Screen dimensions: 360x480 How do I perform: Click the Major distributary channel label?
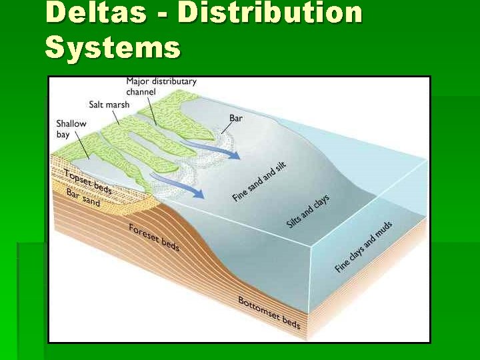(161, 87)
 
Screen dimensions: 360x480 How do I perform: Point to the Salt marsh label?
(109, 105)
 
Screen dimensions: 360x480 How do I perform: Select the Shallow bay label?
(71, 129)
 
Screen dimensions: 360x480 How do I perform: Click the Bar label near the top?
(236, 118)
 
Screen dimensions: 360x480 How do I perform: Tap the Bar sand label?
(83, 197)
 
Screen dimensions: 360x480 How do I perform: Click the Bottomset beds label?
(269, 313)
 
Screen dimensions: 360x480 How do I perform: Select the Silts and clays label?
(307, 211)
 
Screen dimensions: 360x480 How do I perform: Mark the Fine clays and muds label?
(363, 247)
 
